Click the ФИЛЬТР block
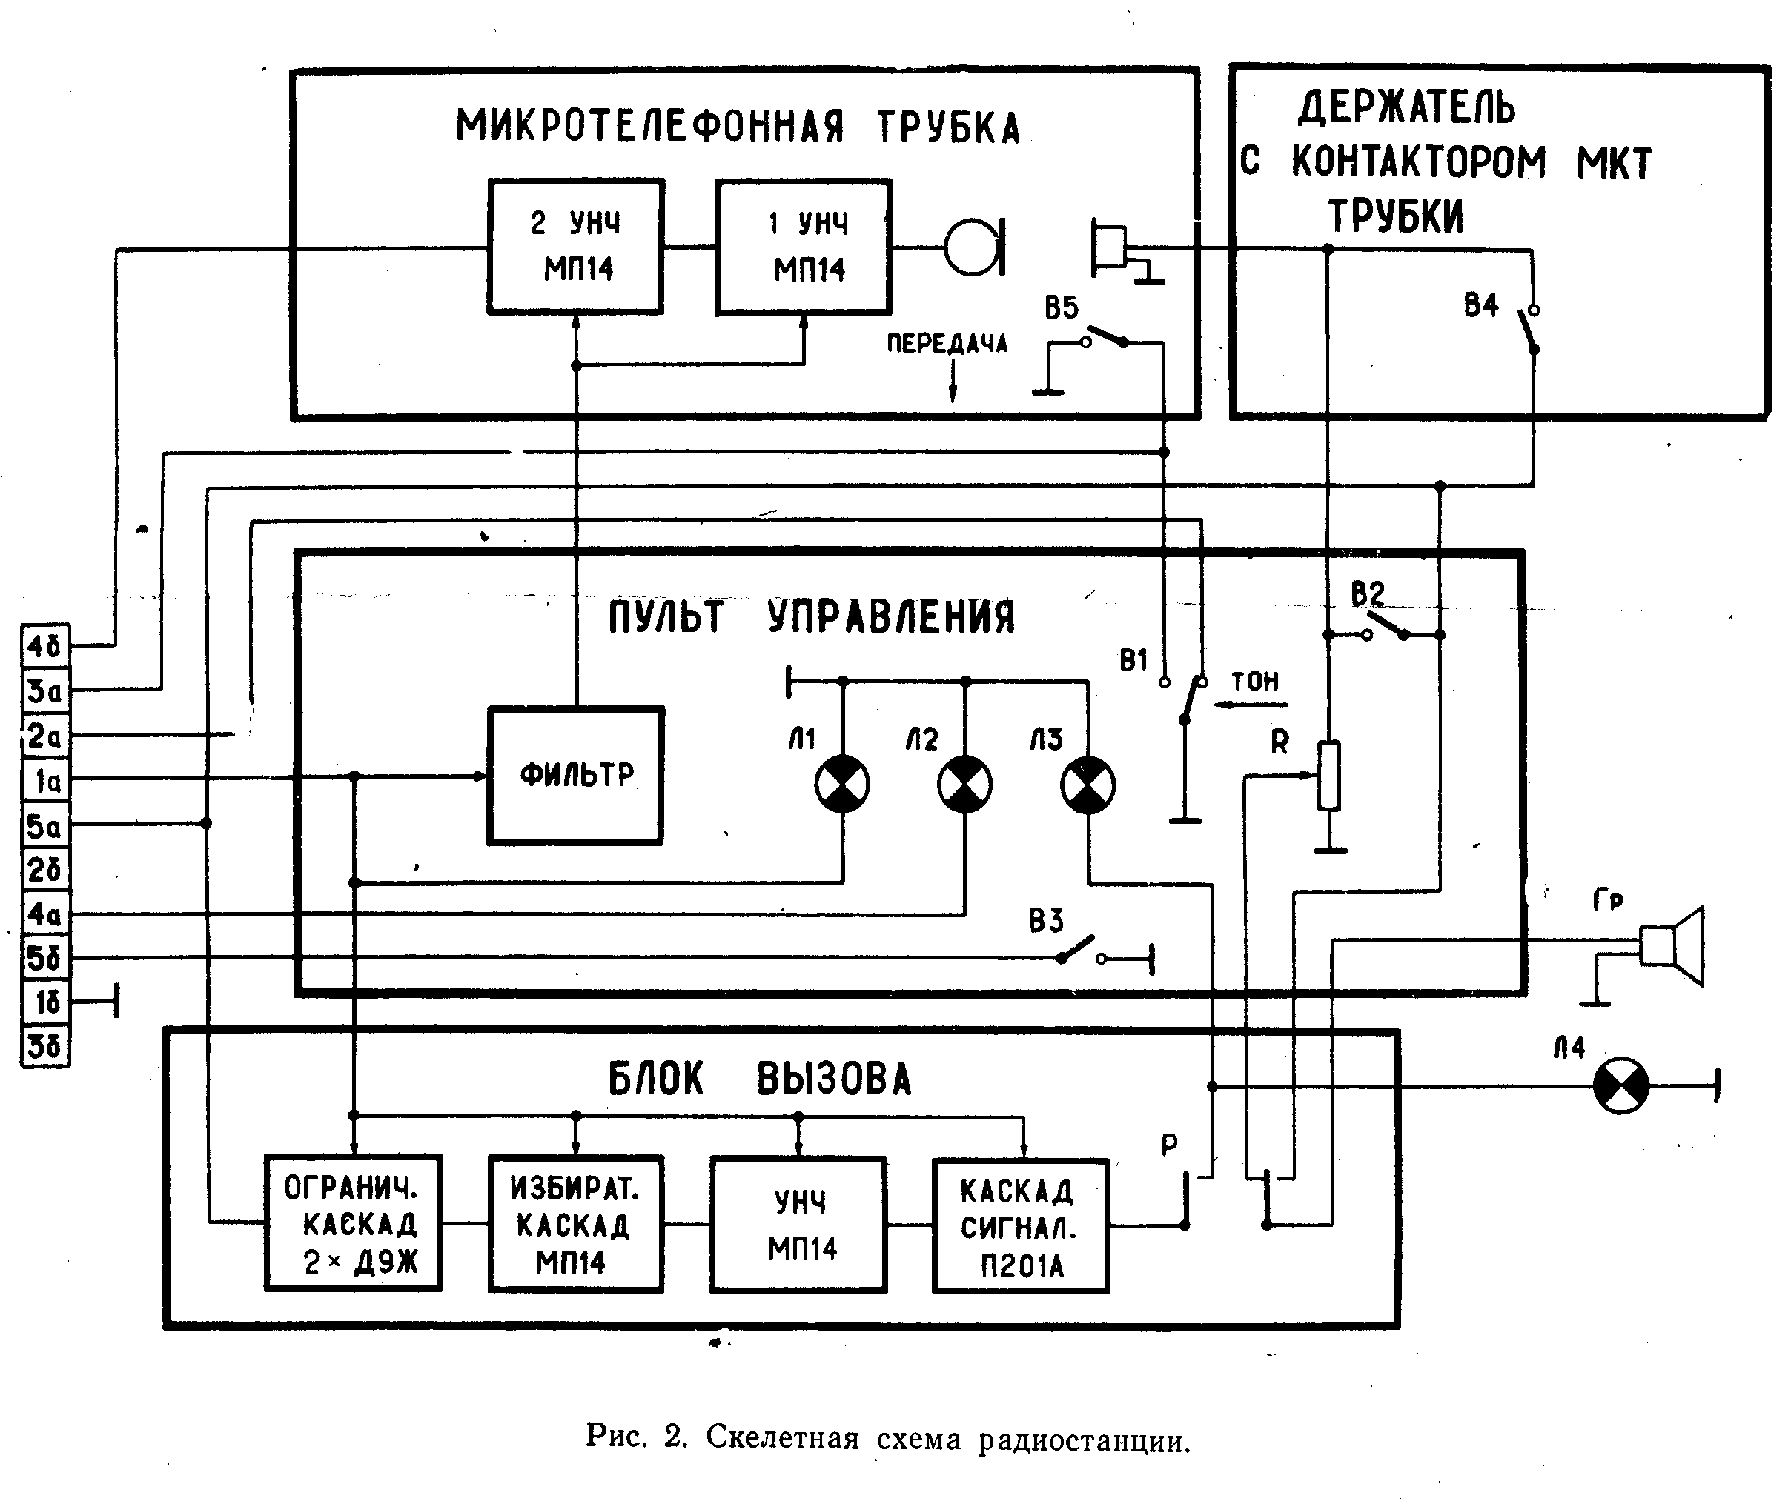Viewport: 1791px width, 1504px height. [576, 776]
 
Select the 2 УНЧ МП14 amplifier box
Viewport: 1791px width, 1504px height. [576, 247]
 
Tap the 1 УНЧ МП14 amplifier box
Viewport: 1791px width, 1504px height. [804, 247]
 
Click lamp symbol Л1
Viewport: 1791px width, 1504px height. [843, 785]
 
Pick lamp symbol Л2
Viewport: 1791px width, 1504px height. [964, 785]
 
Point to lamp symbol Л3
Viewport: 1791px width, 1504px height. [1087, 785]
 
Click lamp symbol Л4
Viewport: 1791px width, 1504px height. [1621, 1086]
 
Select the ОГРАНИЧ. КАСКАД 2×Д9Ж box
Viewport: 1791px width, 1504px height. [353, 1223]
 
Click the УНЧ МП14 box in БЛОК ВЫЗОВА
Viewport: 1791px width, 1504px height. [799, 1225]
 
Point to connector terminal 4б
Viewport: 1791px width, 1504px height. [45, 645]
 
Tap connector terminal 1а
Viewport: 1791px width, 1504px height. [45, 780]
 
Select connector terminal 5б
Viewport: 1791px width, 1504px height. [45, 958]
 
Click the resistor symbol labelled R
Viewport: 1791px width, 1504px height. [1328, 776]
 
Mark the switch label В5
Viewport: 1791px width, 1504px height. [1062, 307]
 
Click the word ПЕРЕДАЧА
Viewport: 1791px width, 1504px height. [947, 344]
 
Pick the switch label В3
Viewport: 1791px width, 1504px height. [1047, 921]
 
